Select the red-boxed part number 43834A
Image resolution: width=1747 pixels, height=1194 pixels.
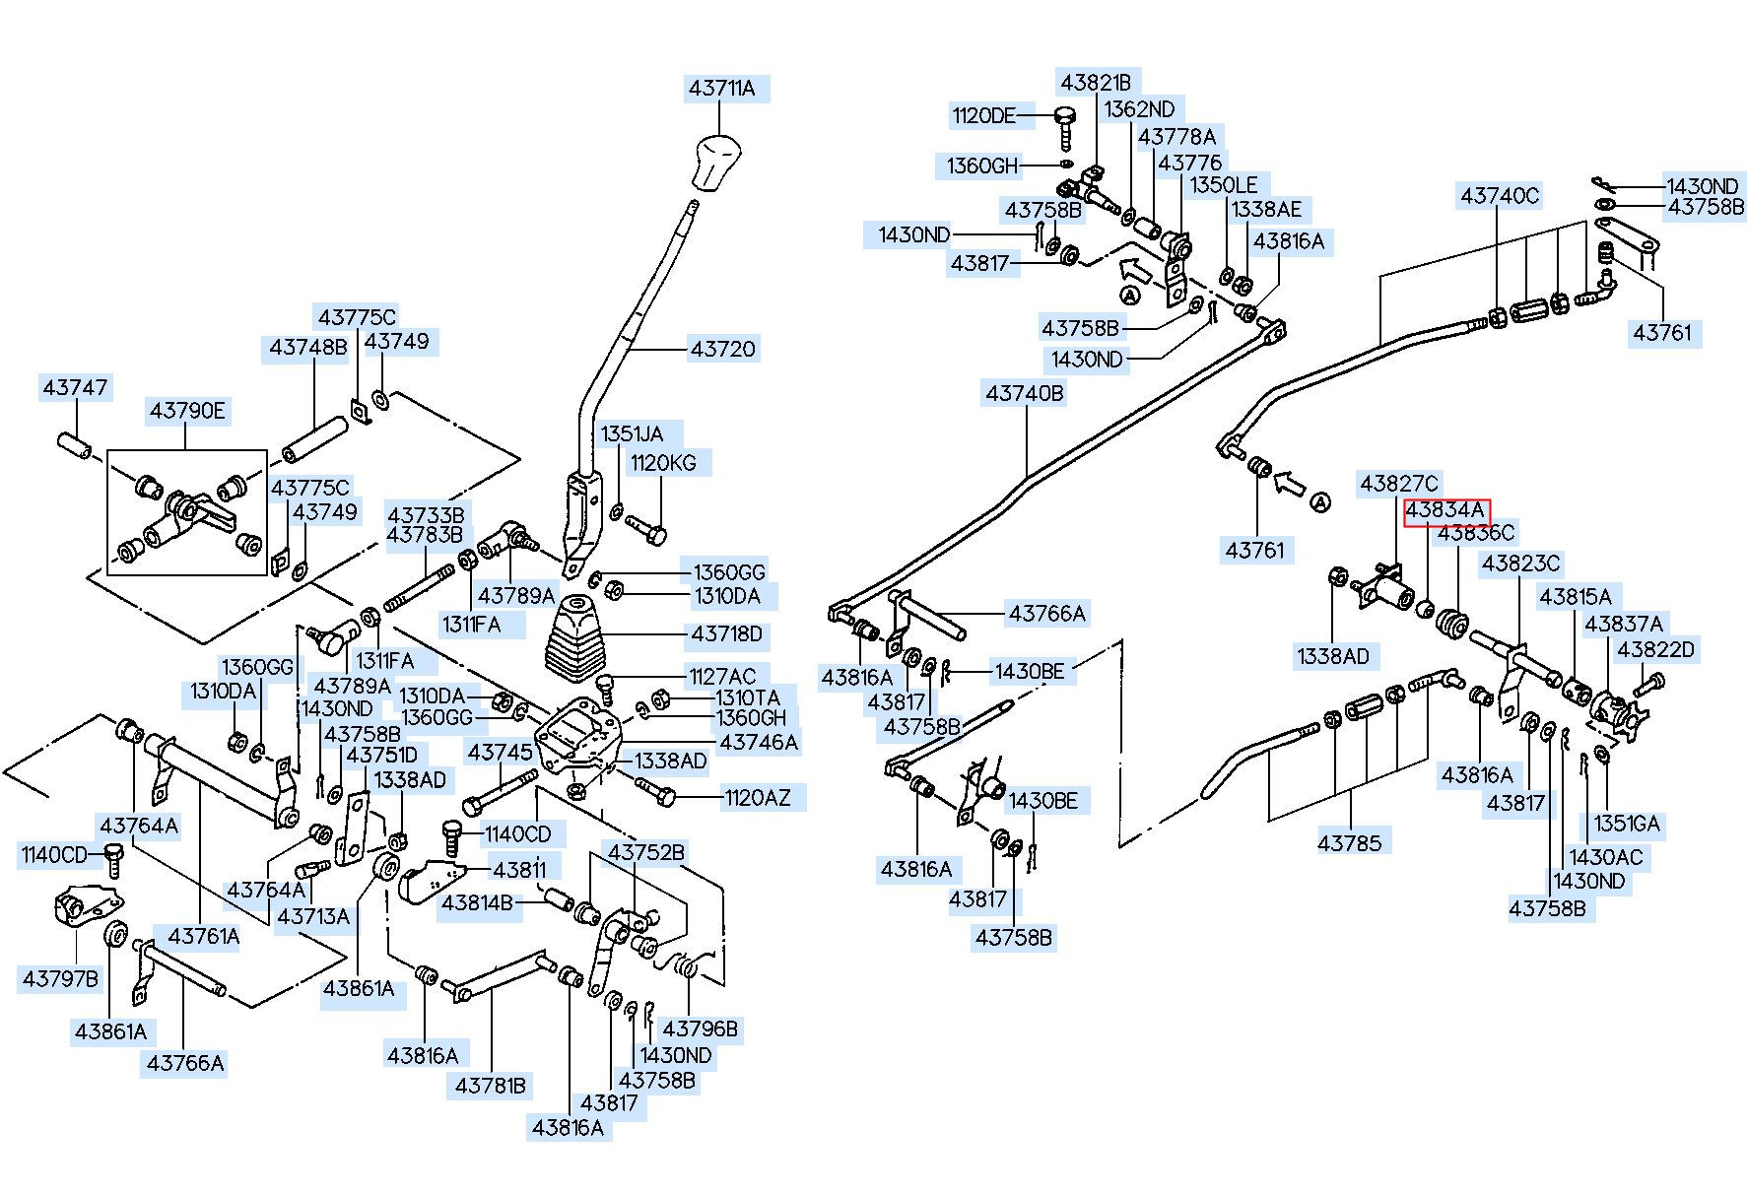[1446, 511]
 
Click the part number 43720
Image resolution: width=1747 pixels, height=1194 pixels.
[722, 349]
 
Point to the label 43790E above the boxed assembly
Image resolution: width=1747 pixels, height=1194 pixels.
[188, 411]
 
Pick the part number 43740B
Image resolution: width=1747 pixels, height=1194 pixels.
[1025, 393]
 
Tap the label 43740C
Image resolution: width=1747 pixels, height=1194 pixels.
[1499, 196]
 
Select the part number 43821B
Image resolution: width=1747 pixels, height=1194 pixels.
[1095, 82]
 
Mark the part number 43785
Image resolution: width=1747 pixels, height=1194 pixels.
[1350, 843]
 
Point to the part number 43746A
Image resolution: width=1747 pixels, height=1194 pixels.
[759, 742]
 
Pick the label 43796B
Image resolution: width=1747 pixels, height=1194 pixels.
[700, 1029]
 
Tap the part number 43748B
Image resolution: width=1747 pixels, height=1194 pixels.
[308, 348]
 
